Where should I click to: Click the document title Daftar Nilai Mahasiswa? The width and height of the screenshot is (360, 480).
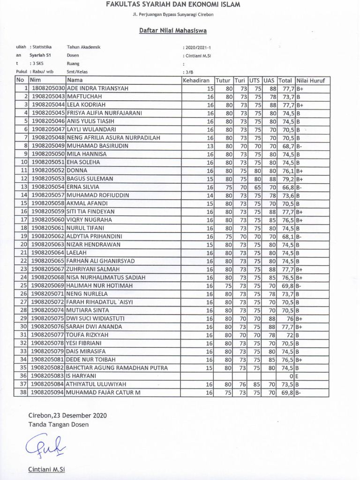click(173, 31)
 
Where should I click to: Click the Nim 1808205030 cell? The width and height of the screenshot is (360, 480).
click(48, 88)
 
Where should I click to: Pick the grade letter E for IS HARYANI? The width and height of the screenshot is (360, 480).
click(298, 376)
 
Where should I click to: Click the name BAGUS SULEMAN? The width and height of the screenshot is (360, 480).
click(90, 179)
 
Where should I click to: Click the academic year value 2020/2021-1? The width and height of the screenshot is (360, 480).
click(199, 47)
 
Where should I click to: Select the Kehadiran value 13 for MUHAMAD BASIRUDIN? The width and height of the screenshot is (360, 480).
click(210, 146)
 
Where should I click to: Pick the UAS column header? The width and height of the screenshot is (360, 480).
click(269, 80)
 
